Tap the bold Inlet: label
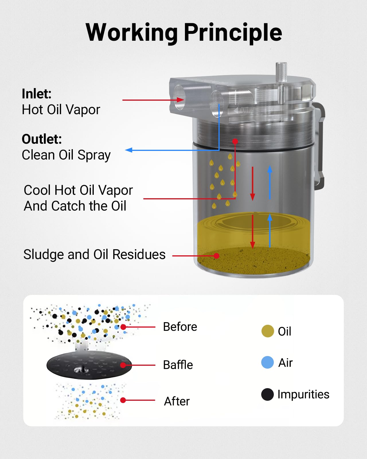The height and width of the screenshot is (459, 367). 37,94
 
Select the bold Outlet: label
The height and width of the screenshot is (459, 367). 42,139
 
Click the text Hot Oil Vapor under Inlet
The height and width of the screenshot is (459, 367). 61,110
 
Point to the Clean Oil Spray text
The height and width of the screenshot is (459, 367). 66,155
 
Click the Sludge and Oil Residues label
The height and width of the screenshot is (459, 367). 94,254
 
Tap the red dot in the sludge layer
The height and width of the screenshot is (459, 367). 217,256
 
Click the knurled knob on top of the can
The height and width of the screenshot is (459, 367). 281,72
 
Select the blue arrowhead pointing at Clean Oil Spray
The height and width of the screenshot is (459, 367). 129,150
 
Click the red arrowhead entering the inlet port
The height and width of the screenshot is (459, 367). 180,100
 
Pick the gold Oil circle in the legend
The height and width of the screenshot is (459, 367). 268,331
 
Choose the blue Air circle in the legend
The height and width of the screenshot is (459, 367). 268,362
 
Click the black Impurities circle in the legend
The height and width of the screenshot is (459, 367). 268,394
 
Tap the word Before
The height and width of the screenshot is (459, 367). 180,327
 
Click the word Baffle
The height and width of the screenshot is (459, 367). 178,365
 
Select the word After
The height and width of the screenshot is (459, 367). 177,401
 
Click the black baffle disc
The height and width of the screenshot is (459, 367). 89,365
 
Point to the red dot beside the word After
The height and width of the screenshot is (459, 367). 123,400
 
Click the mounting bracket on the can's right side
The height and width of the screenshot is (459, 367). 320,146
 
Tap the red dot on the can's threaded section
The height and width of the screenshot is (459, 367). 235,141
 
